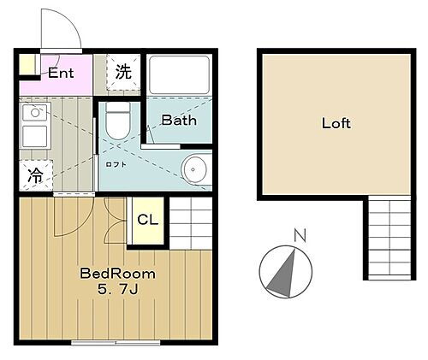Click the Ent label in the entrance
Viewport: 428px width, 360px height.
click(61, 73)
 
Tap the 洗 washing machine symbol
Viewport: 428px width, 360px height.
click(123, 73)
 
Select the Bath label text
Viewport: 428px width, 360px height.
click(179, 121)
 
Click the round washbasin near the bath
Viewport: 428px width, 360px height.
click(197, 168)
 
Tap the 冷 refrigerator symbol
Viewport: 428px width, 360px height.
click(36, 176)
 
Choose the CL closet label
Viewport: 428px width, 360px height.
click(147, 219)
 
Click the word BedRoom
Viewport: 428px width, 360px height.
click(117, 274)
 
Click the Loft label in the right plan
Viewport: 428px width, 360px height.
click(336, 122)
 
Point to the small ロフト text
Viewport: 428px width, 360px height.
click(116, 164)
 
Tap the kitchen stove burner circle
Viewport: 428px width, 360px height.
click(36, 111)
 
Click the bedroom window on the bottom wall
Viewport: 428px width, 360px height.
click(116, 342)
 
